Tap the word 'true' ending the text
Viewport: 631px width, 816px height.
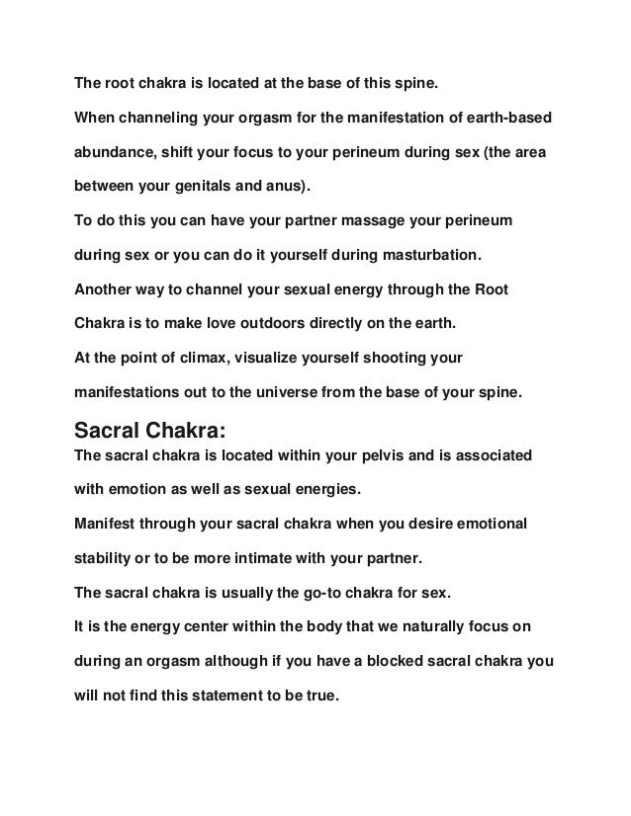pos(320,693)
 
